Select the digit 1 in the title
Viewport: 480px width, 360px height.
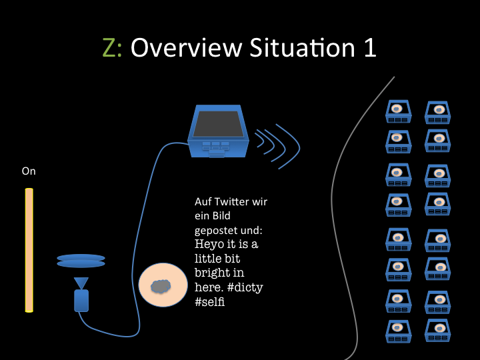coord(369,48)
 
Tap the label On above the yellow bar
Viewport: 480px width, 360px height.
coord(29,171)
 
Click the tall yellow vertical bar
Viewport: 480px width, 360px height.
coord(29,250)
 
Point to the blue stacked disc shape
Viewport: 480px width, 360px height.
coord(81,261)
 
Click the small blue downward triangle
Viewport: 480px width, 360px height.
coord(81,283)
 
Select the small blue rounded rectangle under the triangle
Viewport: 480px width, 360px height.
coord(81,301)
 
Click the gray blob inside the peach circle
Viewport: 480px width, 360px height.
coord(160,287)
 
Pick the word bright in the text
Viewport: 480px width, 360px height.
coord(211,273)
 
